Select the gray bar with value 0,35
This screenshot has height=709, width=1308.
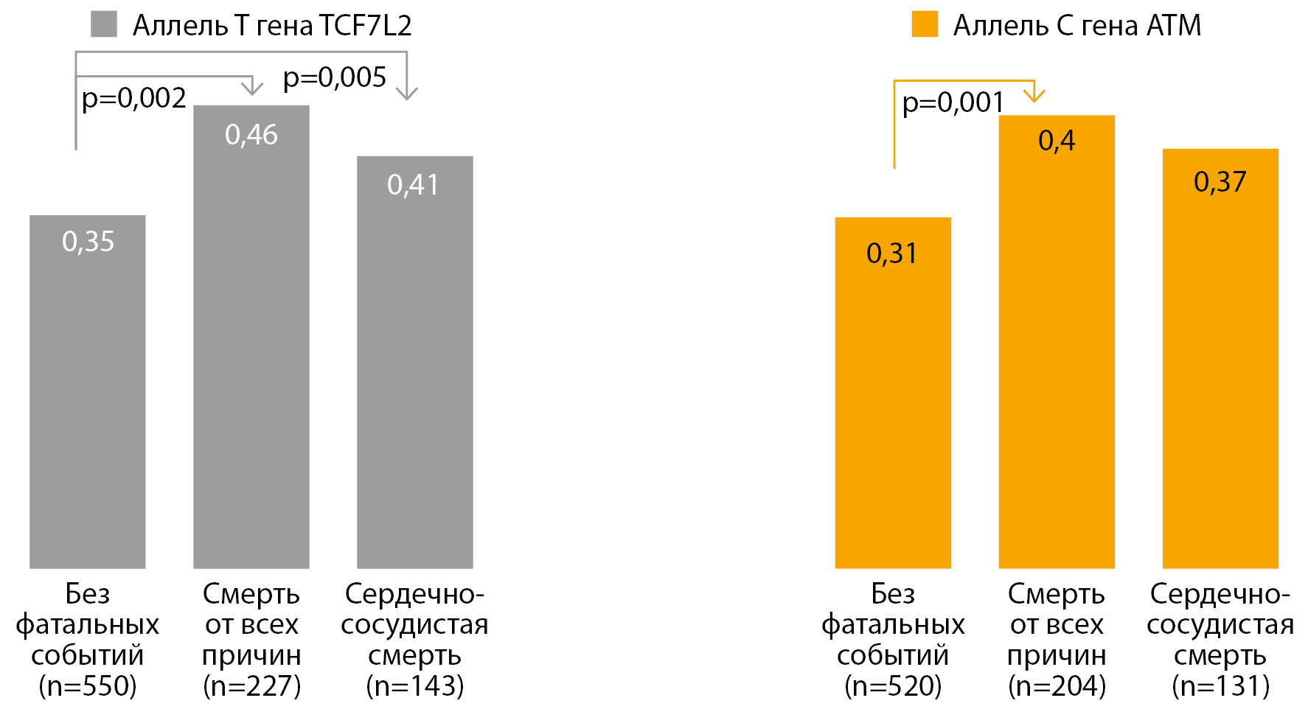88,391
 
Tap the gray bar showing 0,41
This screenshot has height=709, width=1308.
414,362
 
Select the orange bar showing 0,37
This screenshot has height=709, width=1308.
1220,358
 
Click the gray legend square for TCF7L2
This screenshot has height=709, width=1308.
104,24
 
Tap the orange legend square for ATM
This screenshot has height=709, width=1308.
925,24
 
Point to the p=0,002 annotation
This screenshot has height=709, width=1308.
133,98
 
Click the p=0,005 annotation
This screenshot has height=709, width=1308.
335,77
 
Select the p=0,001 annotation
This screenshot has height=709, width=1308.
953,102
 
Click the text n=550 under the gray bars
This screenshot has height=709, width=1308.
88,686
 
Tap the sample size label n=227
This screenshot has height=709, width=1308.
251,686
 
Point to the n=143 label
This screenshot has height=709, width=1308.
415,686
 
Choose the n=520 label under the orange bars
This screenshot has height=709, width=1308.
893,686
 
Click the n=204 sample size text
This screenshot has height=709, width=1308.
1057,686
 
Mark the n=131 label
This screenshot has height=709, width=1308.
1220,686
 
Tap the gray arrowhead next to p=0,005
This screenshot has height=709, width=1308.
407,93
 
